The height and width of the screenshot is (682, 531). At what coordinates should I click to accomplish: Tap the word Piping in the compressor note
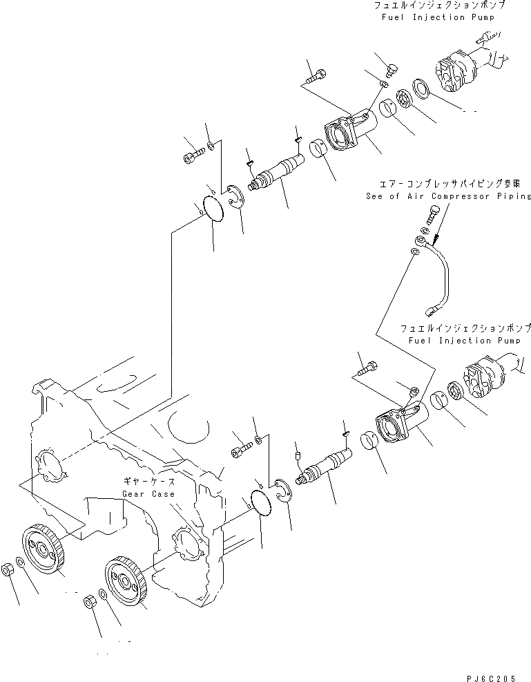click(510, 196)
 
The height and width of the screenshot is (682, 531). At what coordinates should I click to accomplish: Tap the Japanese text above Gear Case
click(148, 482)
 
